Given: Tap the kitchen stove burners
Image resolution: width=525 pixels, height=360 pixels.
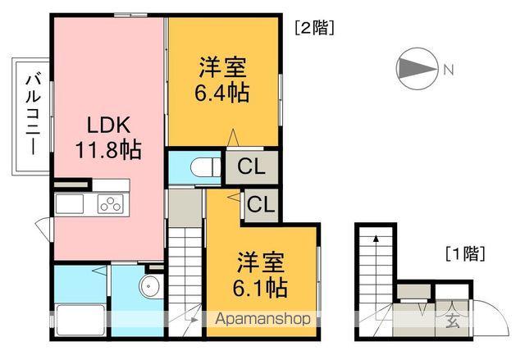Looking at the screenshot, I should click(x=109, y=203).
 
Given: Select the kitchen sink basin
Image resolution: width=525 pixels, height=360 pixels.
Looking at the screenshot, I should click(x=69, y=203).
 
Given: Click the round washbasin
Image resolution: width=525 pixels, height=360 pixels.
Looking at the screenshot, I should click(x=149, y=288).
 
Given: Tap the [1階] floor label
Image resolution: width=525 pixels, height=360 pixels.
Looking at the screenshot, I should click(x=464, y=253).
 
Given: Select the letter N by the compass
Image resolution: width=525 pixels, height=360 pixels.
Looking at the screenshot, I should click(x=448, y=70).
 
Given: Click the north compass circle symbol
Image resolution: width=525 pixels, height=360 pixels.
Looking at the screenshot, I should click(x=416, y=69).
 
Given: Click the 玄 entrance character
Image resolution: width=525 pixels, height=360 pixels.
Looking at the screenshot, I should click(x=453, y=321).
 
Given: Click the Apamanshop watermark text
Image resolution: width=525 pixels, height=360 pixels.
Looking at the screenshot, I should click(x=262, y=318).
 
